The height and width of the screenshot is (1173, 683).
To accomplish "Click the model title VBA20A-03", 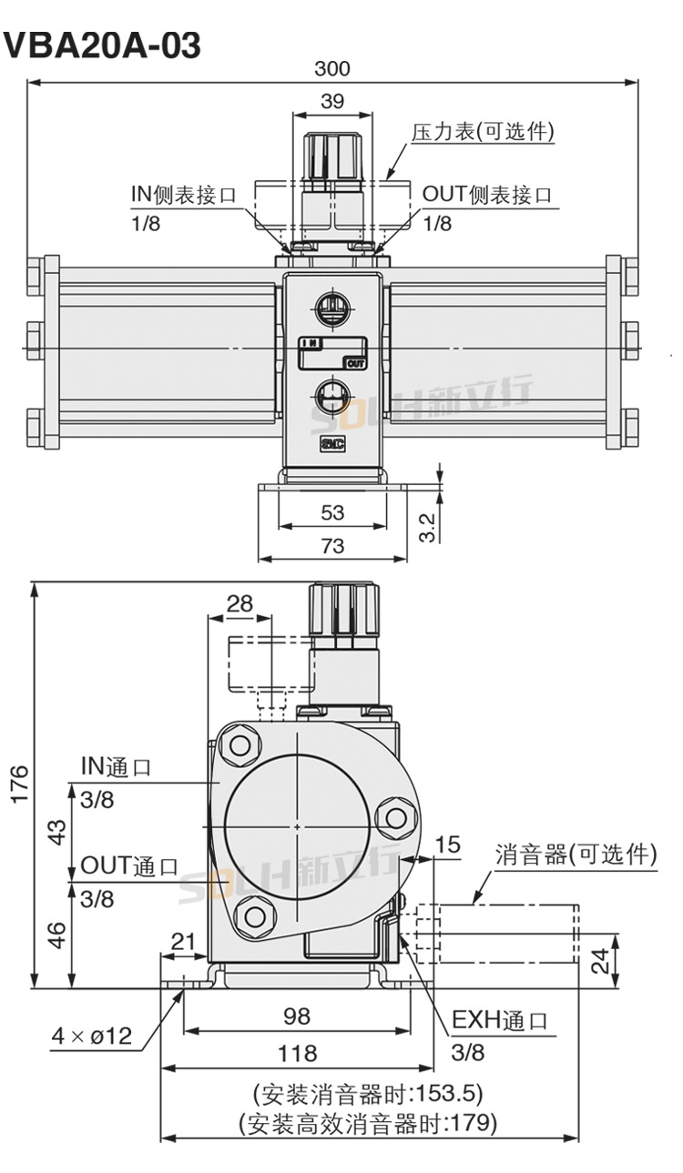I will pos(102,45).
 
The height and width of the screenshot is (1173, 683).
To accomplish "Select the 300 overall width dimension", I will pos(332,68).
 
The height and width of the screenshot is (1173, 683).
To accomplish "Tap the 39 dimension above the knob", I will pos(332,101).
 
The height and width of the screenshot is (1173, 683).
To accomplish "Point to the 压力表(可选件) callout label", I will pos(483,131).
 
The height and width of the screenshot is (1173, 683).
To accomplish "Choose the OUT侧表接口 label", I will pos(487,194).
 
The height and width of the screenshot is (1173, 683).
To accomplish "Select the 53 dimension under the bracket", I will pos(332,512).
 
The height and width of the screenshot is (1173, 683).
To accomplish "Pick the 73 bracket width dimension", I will pos(332,545).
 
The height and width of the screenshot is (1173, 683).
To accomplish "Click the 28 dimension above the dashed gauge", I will pos(240,603).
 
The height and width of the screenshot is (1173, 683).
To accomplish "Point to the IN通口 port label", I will pos(116,766).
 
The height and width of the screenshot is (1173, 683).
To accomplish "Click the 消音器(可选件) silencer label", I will pos(576,854).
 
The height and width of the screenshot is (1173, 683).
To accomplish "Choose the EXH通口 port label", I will pos(500,1020).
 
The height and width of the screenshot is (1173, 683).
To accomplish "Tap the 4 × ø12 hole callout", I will pos(92,1036).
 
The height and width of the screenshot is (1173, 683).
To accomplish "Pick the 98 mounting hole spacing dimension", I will pos(297,1016).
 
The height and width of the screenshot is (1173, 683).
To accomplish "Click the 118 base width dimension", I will pos(297,1053).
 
